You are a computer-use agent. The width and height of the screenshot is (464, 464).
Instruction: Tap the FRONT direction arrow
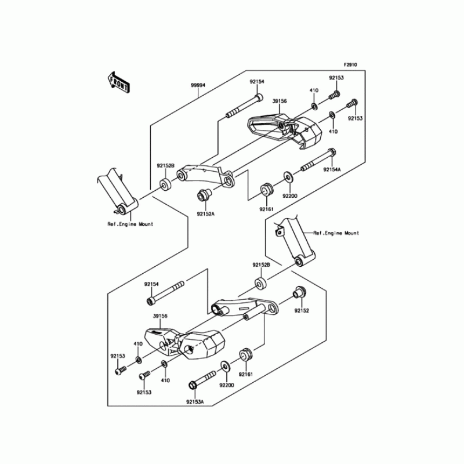click(118, 82)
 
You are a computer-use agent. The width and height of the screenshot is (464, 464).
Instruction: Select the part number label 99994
click(198, 85)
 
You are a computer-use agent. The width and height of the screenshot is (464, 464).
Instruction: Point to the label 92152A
click(205, 214)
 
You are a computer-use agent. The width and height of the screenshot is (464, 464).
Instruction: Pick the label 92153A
click(195, 401)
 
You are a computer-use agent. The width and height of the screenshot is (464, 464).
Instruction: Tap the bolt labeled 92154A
click(317, 162)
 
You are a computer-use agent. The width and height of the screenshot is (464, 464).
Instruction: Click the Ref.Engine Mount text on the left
click(130, 223)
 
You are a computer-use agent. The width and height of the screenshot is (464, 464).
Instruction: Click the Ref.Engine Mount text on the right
click(336, 233)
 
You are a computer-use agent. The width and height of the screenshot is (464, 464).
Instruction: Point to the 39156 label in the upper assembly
click(280, 101)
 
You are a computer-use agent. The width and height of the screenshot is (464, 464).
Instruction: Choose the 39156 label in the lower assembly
click(160, 316)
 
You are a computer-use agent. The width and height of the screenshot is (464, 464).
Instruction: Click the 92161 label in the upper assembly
click(266, 208)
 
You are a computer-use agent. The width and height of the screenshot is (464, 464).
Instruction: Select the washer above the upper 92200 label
click(288, 175)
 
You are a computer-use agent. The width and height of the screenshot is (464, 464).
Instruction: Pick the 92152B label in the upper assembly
click(165, 165)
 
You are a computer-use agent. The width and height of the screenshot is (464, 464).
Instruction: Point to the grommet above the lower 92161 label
click(244, 354)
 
